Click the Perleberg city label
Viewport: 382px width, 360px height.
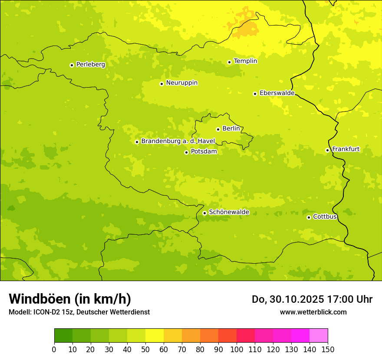pyautogui.click(x=90, y=65)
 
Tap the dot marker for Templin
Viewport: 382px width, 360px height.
pyautogui.click(x=229, y=62)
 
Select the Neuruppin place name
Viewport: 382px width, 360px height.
pyautogui.click(x=181, y=83)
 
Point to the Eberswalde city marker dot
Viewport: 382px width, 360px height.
pyautogui.click(x=255, y=94)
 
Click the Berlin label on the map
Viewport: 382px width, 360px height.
pyautogui.click(x=231, y=129)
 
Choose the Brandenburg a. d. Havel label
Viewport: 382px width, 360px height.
pyautogui.click(x=178, y=141)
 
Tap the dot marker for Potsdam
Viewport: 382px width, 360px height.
pyautogui.click(x=186, y=152)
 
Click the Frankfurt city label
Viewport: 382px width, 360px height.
pyautogui.click(x=346, y=149)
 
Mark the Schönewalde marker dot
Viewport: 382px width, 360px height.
pyautogui.click(x=204, y=213)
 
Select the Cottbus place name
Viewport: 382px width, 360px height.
pyautogui.click(x=325, y=216)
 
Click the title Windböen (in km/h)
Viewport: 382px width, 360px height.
pyautogui.click(x=70, y=299)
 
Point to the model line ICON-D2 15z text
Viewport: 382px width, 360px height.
pyautogui.click(x=79, y=312)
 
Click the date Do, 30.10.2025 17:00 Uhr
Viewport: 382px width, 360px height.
pyautogui.click(x=312, y=299)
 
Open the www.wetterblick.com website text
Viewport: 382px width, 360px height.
pyautogui.click(x=313, y=312)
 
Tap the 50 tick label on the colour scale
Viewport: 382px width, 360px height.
pyautogui.click(x=145, y=349)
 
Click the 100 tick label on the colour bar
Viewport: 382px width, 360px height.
pyautogui.click(x=237, y=349)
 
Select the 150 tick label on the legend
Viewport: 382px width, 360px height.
pyautogui.click(x=328, y=349)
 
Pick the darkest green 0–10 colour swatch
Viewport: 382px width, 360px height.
pyautogui.click(x=63, y=336)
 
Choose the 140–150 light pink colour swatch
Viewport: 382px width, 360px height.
pyautogui.click(x=319, y=336)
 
